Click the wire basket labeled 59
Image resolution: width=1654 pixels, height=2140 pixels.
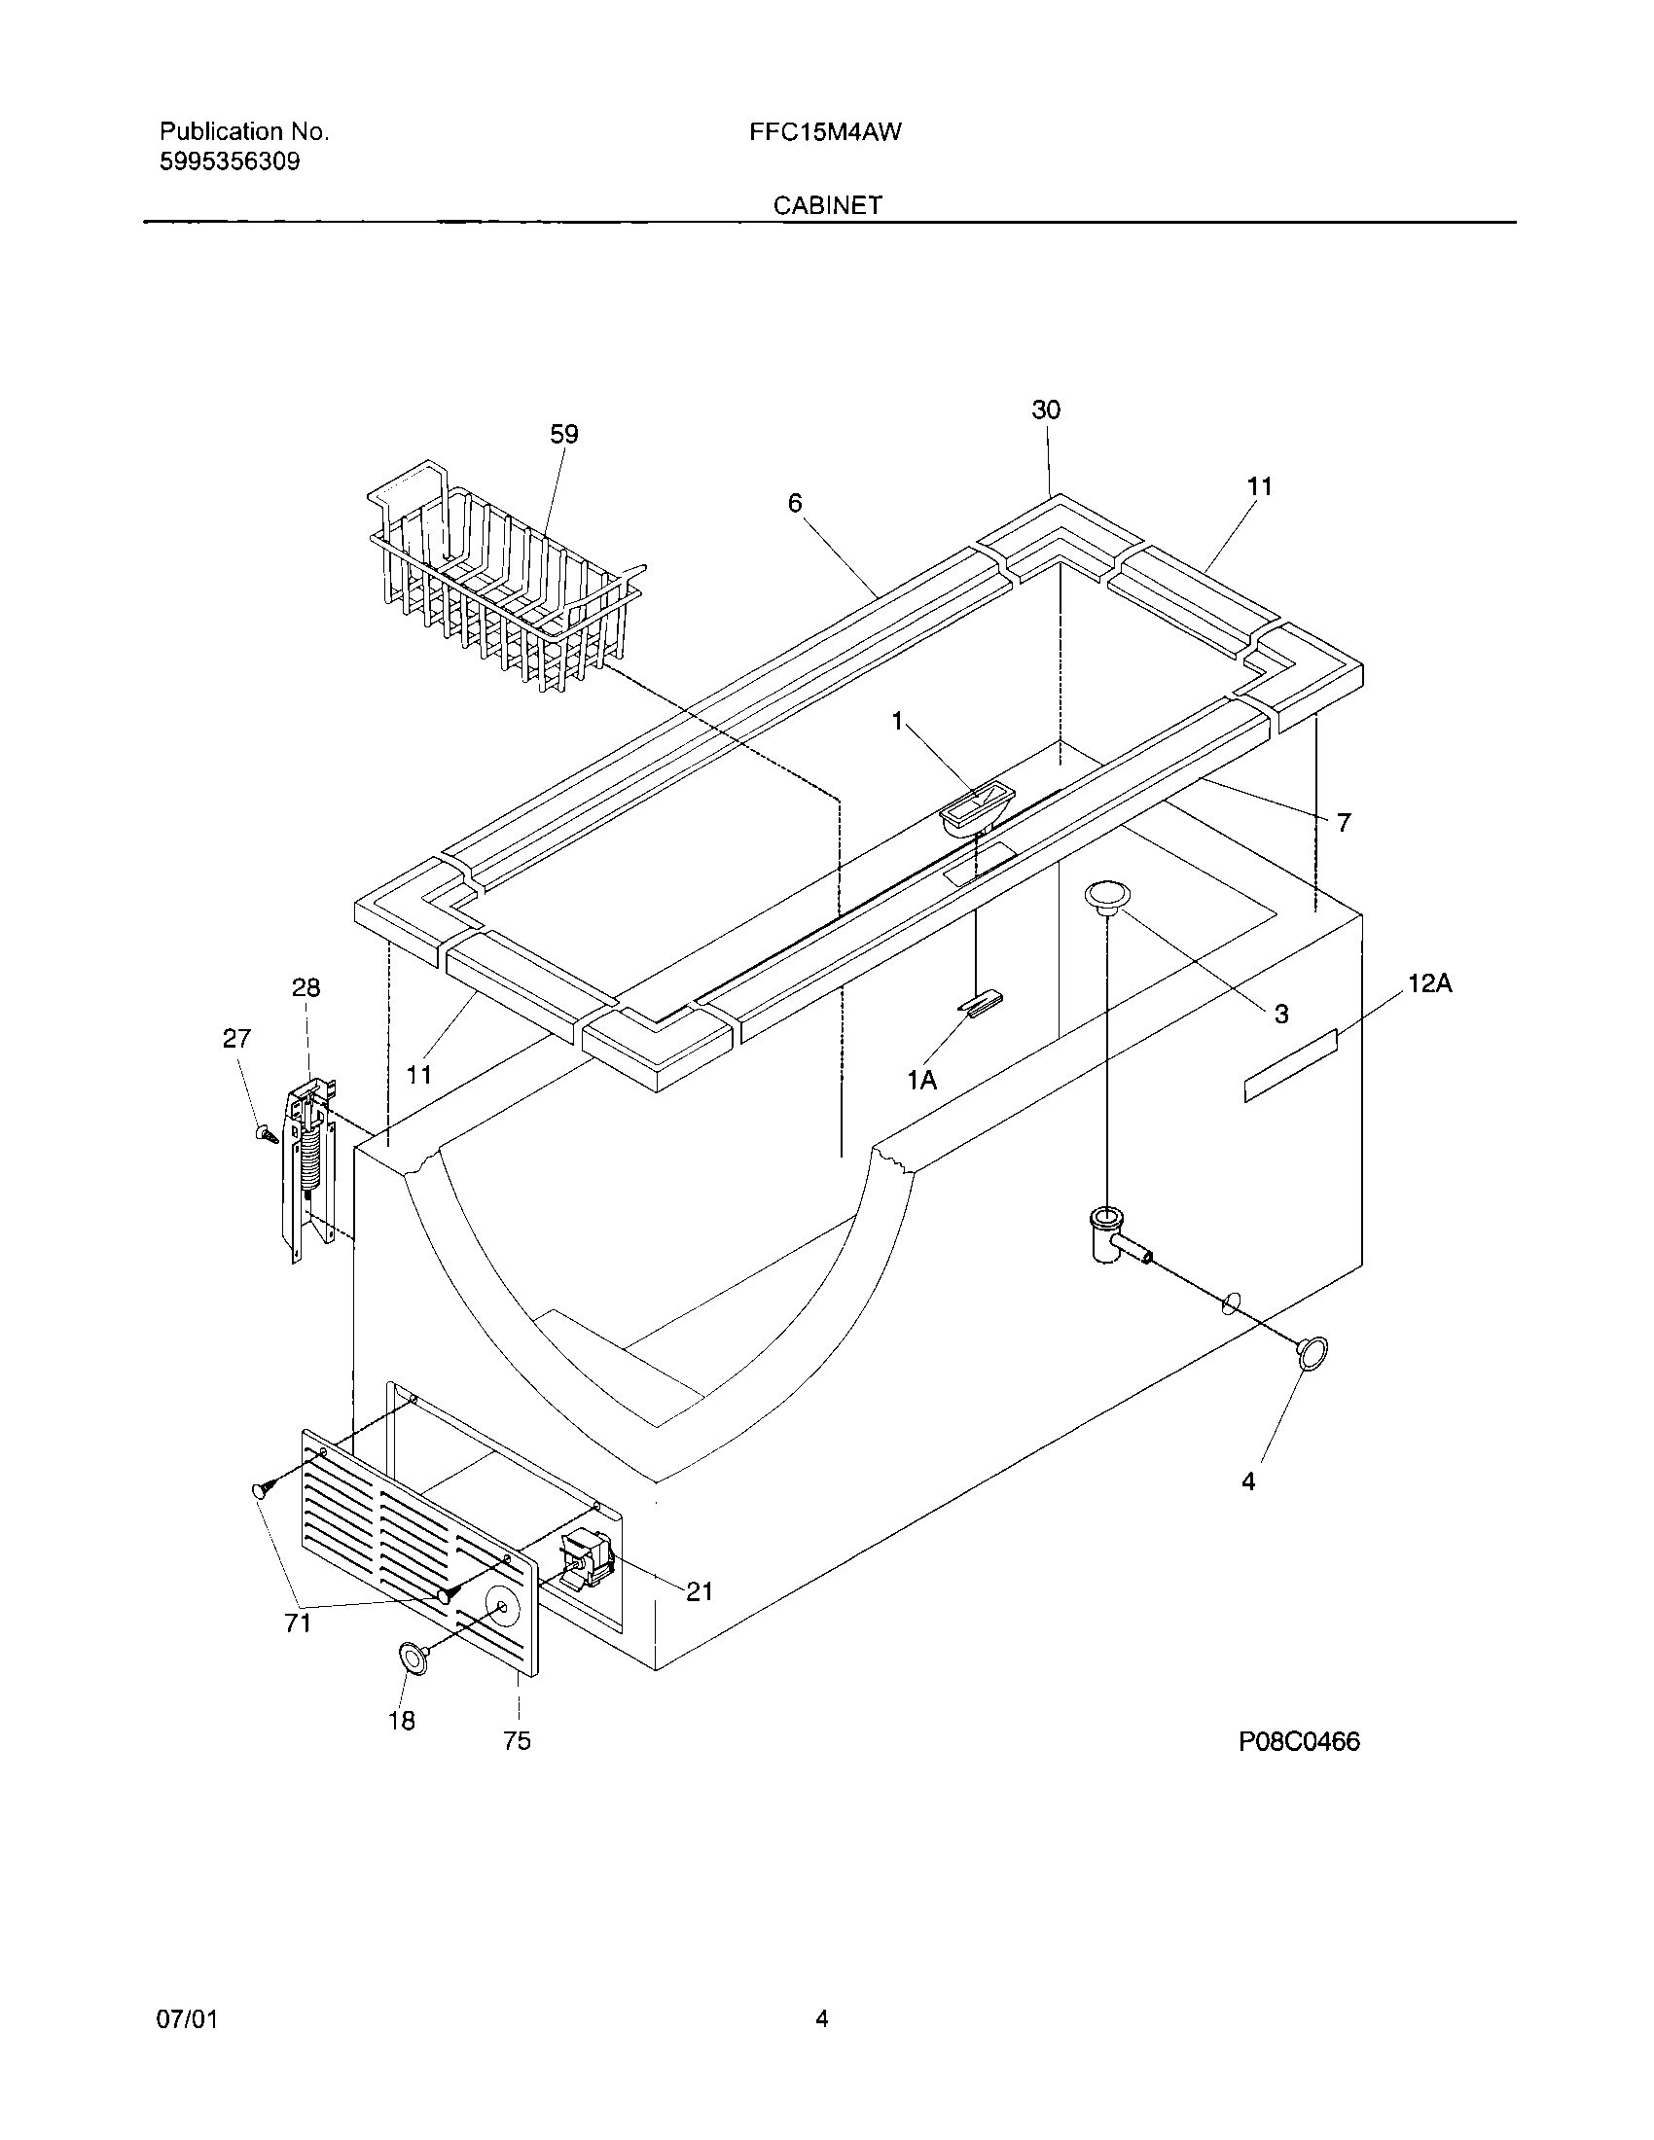(505, 578)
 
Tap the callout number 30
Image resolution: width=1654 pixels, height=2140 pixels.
(1046, 410)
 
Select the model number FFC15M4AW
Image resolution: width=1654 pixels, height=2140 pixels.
(825, 132)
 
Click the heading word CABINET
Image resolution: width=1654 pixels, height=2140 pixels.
(827, 206)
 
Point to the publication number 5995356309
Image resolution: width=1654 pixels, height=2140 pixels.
(230, 162)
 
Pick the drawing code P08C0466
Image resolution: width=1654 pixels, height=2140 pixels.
(1299, 1741)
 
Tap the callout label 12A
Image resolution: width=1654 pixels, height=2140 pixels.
(1429, 983)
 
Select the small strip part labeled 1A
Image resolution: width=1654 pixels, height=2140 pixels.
(981, 1004)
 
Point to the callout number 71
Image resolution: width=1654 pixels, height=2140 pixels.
(298, 1623)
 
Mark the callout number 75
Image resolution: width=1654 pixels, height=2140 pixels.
(517, 1740)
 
